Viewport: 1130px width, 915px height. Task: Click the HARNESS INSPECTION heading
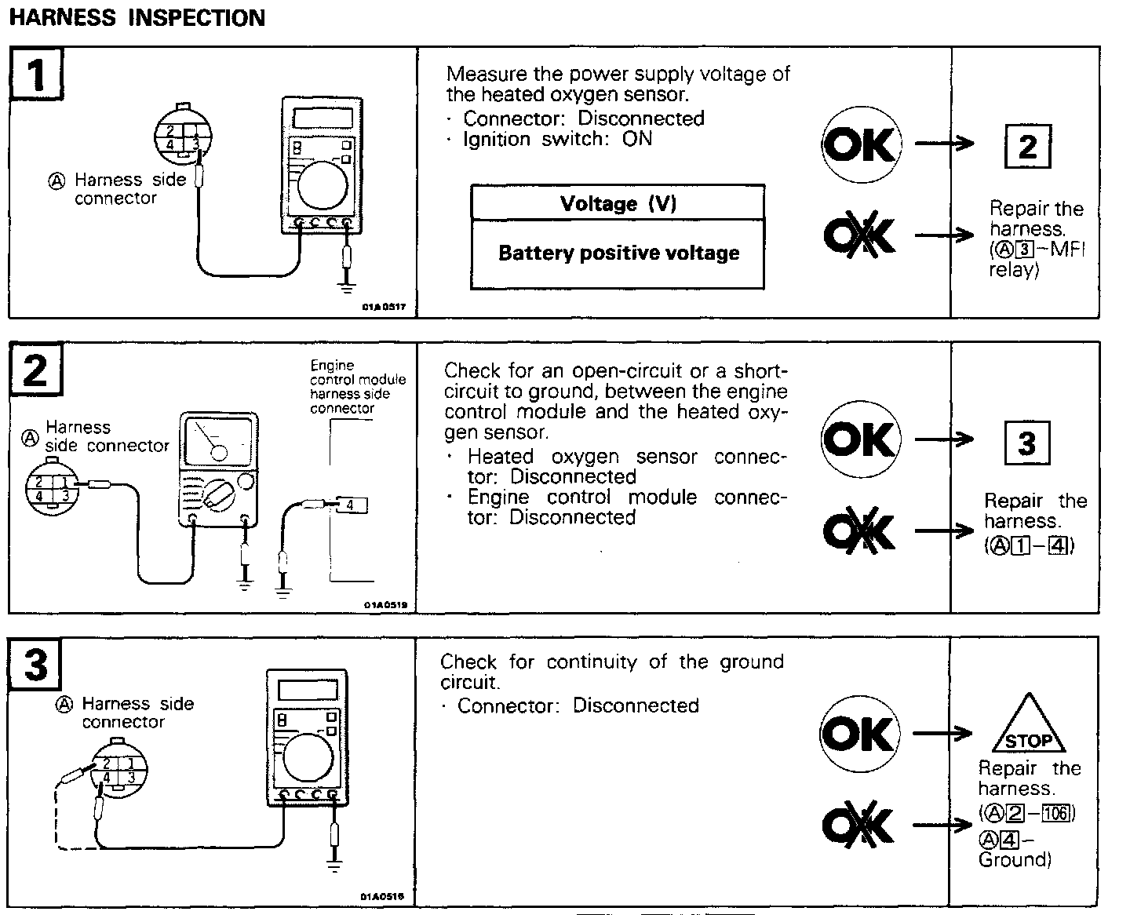click(x=137, y=17)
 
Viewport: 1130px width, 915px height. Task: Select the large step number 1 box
click(x=36, y=75)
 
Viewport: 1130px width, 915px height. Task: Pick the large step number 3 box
click(x=36, y=665)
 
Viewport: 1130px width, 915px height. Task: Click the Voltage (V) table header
click(x=618, y=203)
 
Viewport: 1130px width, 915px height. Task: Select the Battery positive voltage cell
click(x=618, y=253)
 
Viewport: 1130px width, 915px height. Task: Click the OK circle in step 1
click(x=862, y=145)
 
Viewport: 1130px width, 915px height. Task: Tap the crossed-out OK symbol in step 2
click(x=860, y=531)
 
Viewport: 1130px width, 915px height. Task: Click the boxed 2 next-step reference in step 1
click(x=1027, y=147)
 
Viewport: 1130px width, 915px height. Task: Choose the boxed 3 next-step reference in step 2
click(x=1027, y=443)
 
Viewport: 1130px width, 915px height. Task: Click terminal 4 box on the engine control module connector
click(x=350, y=506)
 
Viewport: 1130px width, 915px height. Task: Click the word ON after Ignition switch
click(x=637, y=139)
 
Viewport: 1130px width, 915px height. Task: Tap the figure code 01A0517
click(x=385, y=307)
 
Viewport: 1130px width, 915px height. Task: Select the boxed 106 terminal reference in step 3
click(x=1056, y=812)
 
